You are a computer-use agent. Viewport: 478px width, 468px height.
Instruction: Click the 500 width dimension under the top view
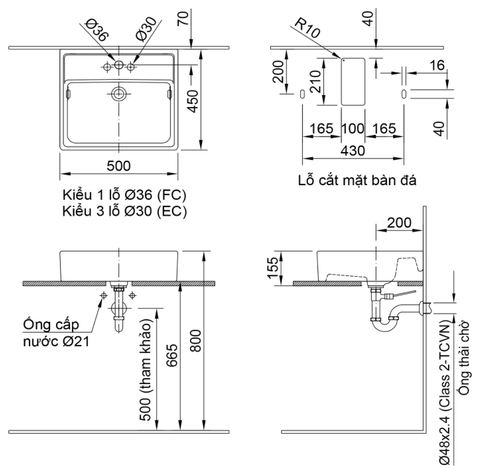(119, 166)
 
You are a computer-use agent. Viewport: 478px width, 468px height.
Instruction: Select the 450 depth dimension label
(193, 101)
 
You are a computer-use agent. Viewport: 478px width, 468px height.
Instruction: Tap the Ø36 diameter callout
(97, 30)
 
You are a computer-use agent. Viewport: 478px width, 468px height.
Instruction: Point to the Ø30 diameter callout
(146, 29)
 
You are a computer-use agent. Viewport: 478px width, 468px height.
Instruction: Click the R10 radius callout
(307, 28)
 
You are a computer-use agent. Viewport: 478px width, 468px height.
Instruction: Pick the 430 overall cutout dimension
(353, 151)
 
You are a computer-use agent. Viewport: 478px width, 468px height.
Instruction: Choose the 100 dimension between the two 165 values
(353, 128)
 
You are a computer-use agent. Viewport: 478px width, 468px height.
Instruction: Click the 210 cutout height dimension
(315, 81)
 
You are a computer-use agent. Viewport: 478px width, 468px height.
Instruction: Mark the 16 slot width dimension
(437, 65)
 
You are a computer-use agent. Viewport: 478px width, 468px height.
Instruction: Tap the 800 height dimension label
(195, 340)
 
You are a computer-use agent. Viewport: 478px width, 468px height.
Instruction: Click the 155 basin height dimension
(273, 268)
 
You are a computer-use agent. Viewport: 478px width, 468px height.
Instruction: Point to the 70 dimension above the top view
(184, 18)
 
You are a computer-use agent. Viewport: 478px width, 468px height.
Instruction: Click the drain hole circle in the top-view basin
(119, 94)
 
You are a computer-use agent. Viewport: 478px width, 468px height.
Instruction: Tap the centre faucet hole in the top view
(119, 65)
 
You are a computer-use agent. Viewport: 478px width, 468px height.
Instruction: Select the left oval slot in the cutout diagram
(302, 94)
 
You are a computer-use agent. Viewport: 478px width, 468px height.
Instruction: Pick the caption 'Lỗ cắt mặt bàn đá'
(357, 180)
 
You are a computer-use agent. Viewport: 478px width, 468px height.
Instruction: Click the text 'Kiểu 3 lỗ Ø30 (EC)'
(125, 211)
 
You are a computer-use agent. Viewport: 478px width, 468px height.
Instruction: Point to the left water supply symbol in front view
(104, 295)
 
